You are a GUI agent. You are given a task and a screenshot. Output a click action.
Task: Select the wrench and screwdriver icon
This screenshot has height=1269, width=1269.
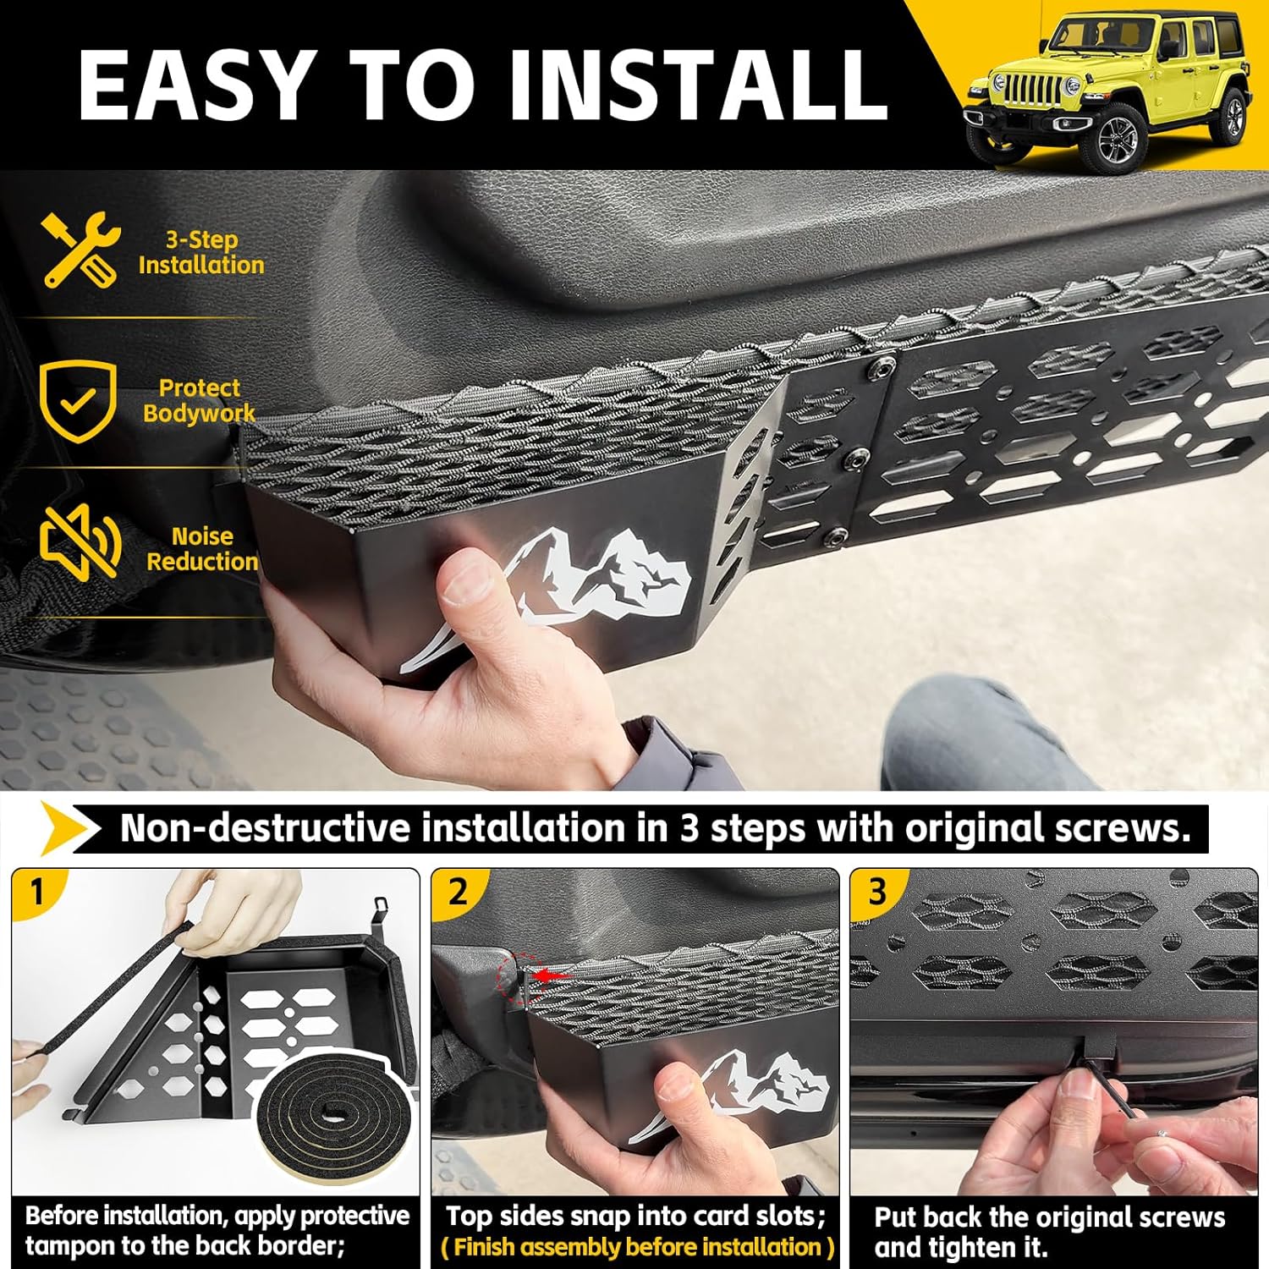click(80, 250)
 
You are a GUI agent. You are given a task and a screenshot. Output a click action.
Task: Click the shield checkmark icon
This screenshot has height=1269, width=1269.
click(78, 400)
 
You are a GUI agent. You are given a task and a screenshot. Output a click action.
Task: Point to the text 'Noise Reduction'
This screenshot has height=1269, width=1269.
click(201, 549)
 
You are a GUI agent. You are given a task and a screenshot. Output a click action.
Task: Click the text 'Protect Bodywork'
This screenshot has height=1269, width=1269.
click(199, 400)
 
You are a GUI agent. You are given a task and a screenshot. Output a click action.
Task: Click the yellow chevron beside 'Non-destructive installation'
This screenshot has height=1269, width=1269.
click(68, 828)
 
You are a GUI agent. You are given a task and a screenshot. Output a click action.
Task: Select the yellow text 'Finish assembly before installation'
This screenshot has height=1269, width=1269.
click(637, 1247)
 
